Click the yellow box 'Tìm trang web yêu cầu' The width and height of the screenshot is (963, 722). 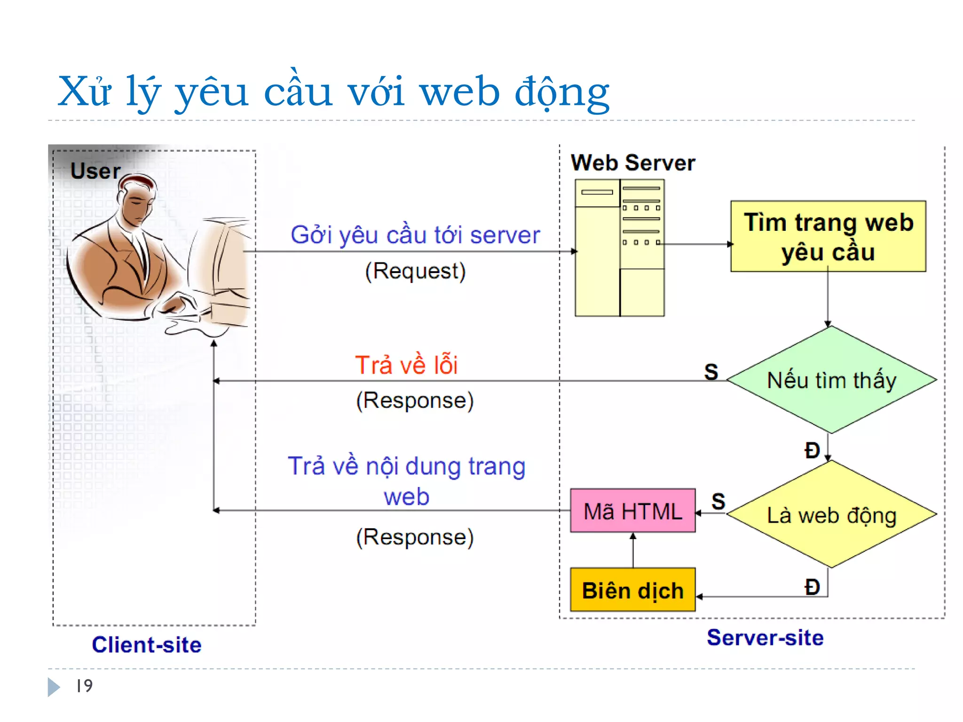point(828,236)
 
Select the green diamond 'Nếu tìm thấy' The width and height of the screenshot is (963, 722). point(831,380)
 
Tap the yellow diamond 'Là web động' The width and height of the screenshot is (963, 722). point(831,515)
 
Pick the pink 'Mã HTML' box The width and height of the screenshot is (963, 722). point(632,511)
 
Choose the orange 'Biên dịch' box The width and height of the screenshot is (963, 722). point(632,590)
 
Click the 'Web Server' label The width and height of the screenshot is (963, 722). point(632,163)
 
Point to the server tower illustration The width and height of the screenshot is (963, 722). point(619,248)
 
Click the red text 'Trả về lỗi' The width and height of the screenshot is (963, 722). point(406,365)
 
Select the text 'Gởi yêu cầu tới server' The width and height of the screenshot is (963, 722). point(415,235)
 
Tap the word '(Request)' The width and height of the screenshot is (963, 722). point(415,271)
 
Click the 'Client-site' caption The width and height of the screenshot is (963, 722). point(147,644)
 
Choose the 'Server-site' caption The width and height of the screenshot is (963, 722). point(765,638)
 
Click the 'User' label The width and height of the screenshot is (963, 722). point(95,171)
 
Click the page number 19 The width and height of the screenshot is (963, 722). point(85,686)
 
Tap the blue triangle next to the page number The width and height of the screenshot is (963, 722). point(54,687)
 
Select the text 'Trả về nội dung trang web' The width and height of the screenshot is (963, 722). point(406,481)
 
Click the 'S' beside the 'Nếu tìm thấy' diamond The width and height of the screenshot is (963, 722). point(711,372)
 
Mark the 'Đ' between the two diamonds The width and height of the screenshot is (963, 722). point(812,450)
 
